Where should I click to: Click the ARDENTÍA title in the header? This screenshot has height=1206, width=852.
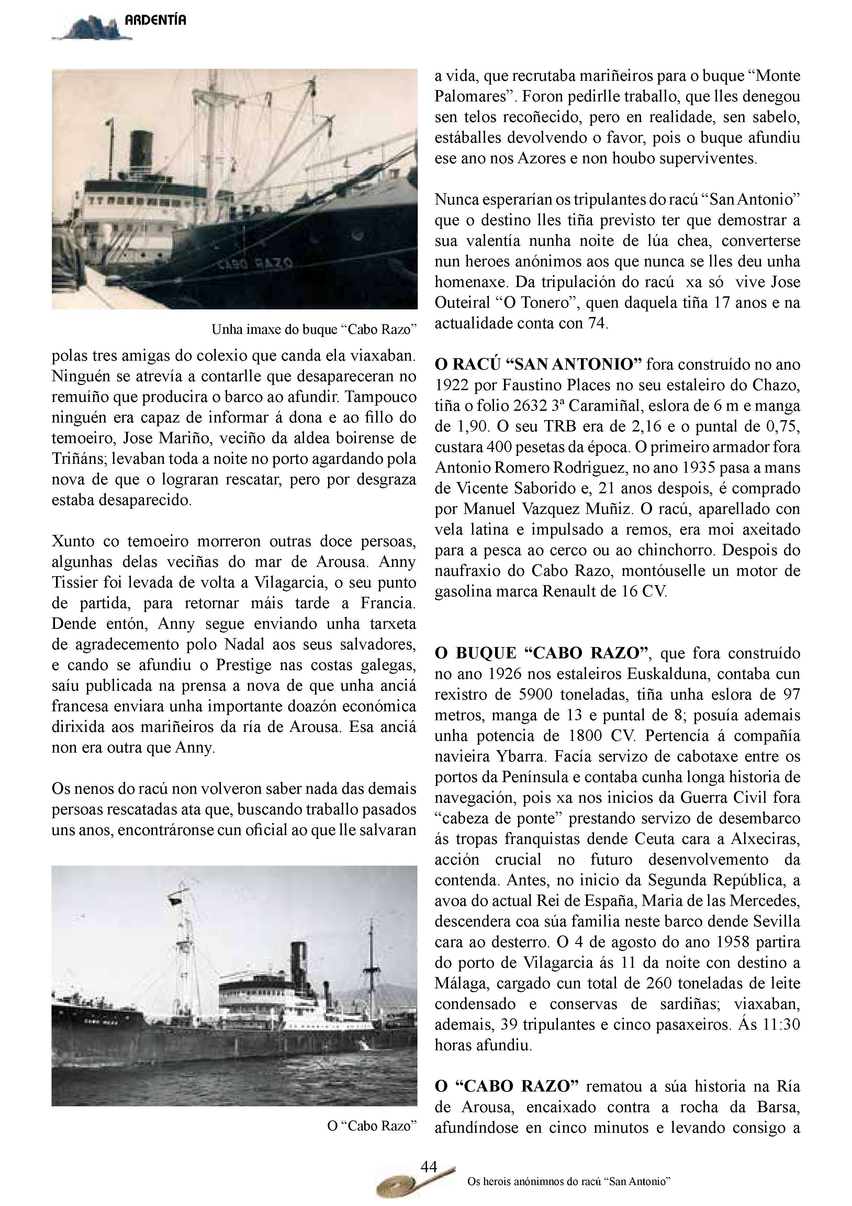(155, 21)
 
